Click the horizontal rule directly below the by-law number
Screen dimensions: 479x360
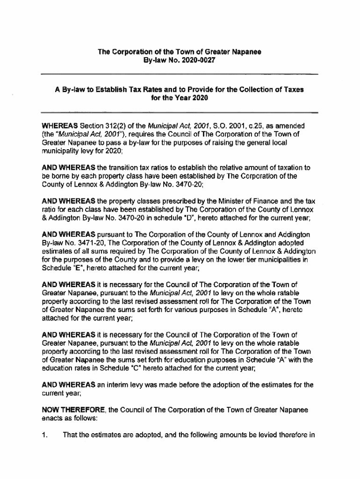click(180, 74)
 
